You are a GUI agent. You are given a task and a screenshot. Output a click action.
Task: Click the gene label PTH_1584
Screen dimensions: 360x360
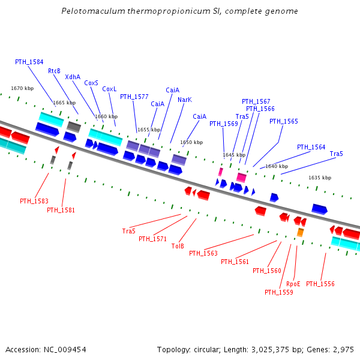pos(29,62)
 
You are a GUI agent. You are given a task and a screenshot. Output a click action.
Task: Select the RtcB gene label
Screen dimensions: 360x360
pos(54,71)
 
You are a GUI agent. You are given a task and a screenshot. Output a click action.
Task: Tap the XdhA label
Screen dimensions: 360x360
pos(73,77)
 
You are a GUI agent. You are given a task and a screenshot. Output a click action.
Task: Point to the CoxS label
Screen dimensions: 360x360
pos(91,83)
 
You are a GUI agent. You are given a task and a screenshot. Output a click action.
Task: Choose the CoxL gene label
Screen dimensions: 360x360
pos(109,89)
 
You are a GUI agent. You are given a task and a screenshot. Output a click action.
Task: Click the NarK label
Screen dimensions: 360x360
pos(185,100)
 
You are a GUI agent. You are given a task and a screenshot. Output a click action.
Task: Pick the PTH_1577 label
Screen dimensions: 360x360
pos(134,97)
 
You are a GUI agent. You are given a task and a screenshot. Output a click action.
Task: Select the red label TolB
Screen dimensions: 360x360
pos(178,246)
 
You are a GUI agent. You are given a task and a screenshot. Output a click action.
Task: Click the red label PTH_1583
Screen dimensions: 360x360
pos(34,201)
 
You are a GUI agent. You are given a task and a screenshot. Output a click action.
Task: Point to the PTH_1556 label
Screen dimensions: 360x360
pos(320,284)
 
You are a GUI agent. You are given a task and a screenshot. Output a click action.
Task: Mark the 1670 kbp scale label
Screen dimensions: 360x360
pos(22,88)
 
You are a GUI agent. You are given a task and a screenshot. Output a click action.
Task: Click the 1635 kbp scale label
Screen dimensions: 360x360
pos(320,178)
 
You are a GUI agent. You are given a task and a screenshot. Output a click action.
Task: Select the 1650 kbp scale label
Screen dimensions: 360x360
pos(191,142)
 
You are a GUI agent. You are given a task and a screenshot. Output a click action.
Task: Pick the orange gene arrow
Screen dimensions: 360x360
pos(300,232)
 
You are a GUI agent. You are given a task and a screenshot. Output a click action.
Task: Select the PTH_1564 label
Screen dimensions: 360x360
pos(311,147)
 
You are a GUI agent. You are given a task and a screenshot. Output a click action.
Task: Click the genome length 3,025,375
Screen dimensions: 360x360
pos(266,349)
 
